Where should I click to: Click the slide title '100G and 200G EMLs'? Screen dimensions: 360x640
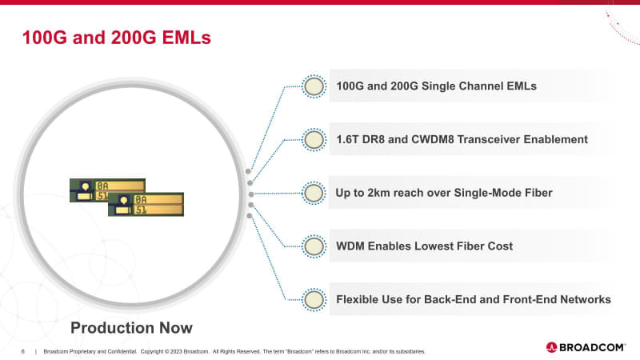[116, 37]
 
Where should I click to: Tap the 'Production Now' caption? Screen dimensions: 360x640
[131, 327]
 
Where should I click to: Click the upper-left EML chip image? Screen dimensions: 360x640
[106, 190]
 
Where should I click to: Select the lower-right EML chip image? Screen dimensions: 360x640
[146, 205]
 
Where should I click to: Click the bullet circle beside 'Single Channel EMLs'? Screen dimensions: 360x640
[314, 86]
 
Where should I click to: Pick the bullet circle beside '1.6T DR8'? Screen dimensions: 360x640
[314, 139]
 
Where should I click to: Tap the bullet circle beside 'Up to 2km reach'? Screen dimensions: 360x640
[314, 193]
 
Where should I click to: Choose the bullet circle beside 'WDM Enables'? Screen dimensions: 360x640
[314, 246]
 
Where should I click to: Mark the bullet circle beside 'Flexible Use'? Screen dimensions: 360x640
[314, 299]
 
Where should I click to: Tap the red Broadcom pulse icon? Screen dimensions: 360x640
[552, 347]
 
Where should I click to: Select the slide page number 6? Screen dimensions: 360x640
[23, 351]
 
